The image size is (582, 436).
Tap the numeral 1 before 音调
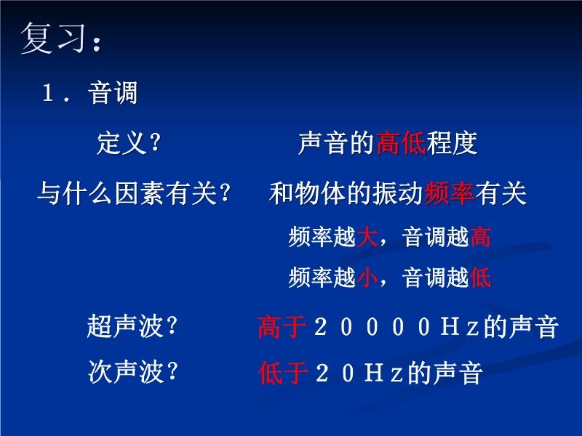pyautogui.click(x=47, y=93)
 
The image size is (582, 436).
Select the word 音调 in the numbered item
pyautogui.click(x=113, y=93)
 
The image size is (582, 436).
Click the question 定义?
pyautogui.click(x=129, y=142)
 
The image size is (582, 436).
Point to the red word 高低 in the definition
pyautogui.click(x=401, y=142)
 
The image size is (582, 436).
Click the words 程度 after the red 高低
pyautogui.click(x=452, y=142)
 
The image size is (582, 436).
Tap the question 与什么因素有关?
pyautogui.click(x=134, y=193)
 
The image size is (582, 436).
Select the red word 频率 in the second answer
pyautogui.click(x=449, y=193)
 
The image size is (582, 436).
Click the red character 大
pyautogui.click(x=367, y=237)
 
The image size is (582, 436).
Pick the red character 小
pyautogui.click(x=367, y=278)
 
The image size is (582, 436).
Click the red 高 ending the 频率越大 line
pyautogui.click(x=480, y=237)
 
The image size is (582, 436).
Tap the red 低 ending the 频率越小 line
pyautogui.click(x=480, y=278)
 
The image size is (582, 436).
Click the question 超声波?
pyautogui.click(x=132, y=326)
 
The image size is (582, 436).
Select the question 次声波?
pyautogui.click(x=133, y=372)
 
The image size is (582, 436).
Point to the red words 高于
pyautogui.click(x=282, y=326)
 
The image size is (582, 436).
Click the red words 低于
pyautogui.click(x=283, y=373)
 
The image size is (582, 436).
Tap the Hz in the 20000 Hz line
pyautogui.click(x=460, y=327)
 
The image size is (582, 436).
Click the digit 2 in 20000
pyautogui.click(x=320, y=327)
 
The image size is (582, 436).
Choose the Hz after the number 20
pyautogui.click(x=384, y=373)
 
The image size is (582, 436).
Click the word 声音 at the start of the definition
pyautogui.click(x=324, y=142)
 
